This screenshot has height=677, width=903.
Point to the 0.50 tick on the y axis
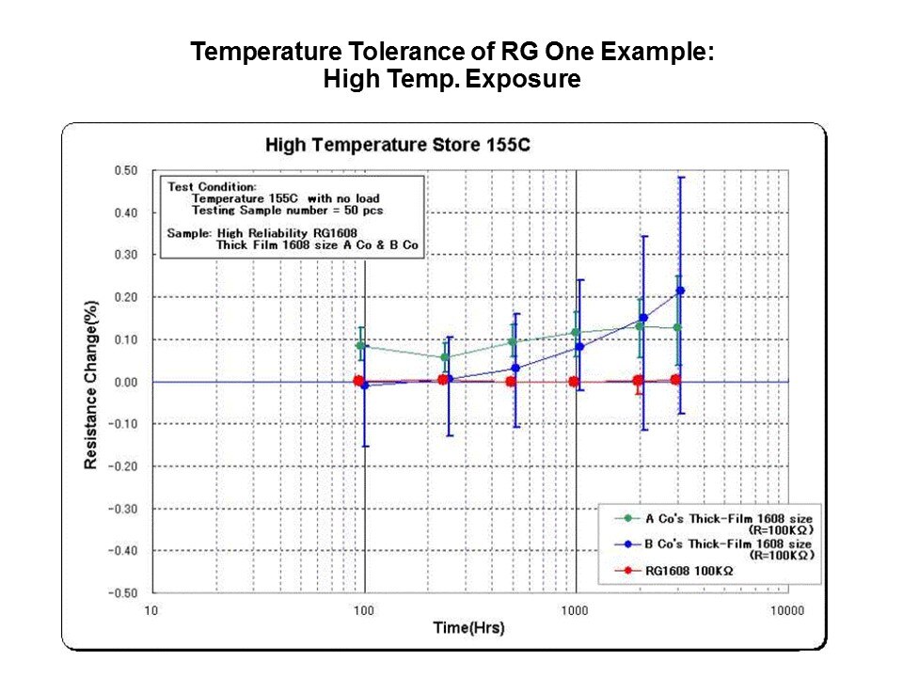pos(126,170)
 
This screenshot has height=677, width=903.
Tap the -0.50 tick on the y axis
pos(124,593)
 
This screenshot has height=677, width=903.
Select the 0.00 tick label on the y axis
pos(126,382)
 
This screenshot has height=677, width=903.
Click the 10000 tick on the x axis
pos(786,610)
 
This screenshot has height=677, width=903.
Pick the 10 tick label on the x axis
pos(150,610)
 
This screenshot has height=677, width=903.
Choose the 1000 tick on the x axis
pos(575,610)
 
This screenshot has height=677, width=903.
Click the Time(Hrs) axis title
pos(468,627)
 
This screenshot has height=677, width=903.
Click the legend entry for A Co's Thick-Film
pos(728,518)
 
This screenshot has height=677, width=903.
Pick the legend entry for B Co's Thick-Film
pos(728,543)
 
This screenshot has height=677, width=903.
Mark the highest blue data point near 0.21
pos(680,291)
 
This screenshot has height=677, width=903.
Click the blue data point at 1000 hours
pos(579,347)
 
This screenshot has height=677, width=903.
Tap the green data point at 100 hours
pos(360,346)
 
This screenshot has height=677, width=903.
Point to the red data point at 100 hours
pos(358,381)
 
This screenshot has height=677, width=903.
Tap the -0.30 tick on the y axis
pos(124,509)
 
